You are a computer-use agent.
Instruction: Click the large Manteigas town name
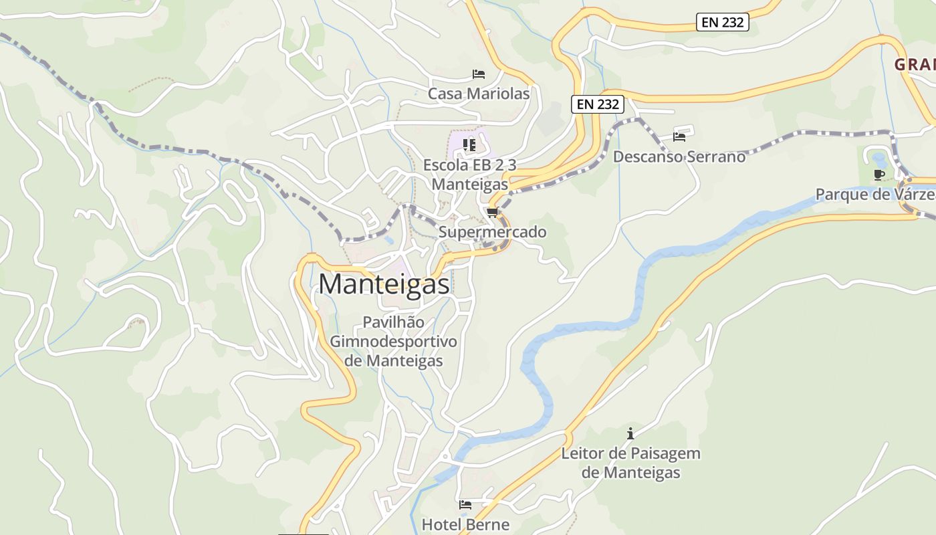[384, 284]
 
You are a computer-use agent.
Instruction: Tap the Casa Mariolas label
[479, 94]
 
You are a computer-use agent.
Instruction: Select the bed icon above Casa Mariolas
[478, 74]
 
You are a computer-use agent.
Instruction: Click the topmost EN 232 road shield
[723, 22]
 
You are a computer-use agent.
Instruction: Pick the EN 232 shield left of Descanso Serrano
[598, 104]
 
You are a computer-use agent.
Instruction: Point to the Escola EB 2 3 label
[470, 165]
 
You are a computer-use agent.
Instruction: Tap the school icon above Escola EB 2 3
[469, 144]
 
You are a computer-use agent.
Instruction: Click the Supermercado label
[492, 232]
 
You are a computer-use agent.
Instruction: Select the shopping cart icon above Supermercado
[493, 213]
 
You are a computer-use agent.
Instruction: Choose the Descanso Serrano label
[679, 156]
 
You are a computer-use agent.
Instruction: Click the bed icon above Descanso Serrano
[679, 137]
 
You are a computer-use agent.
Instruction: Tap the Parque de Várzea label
[874, 195]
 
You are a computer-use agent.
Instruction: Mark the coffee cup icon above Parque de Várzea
[879, 175]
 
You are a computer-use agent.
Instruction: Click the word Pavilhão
[393, 322]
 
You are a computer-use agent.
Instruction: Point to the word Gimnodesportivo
[393, 342]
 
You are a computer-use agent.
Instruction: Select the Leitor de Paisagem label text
[630, 453]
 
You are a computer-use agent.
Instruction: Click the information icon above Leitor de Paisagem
[630, 434]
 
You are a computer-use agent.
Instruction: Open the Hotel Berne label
[465, 524]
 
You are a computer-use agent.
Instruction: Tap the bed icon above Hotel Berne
[465, 505]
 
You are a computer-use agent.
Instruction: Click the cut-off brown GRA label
[915, 65]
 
